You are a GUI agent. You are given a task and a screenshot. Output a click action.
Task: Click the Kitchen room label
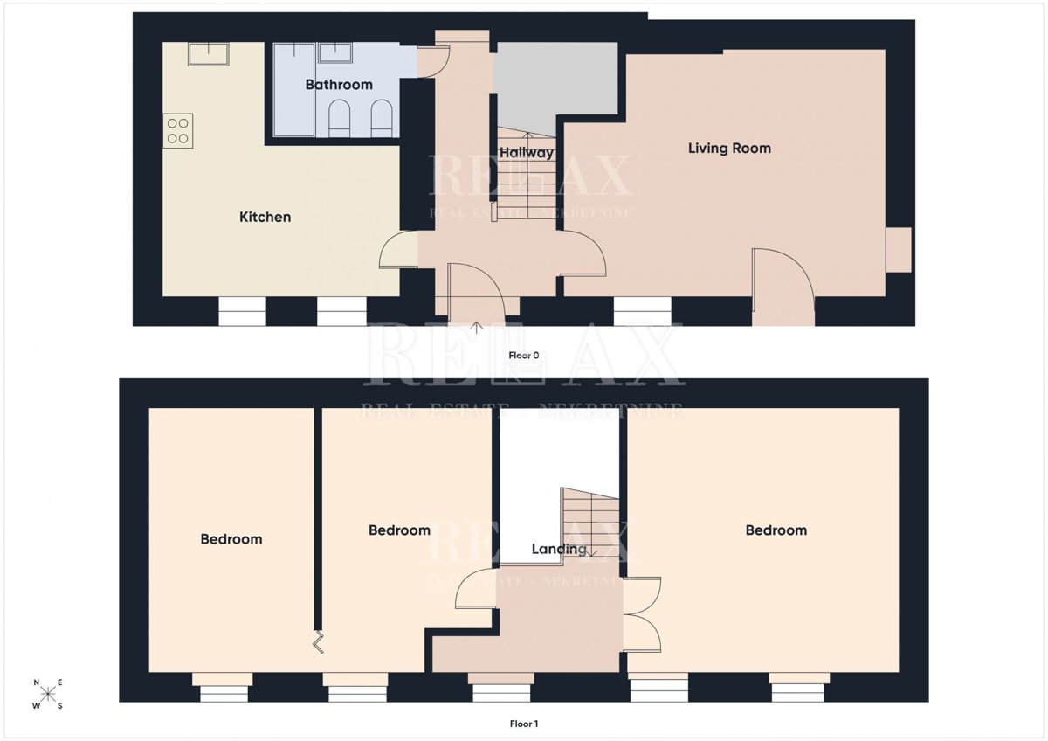[x=265, y=217]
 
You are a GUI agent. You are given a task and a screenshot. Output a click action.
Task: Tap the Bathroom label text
[x=339, y=85]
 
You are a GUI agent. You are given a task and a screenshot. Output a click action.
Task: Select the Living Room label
[x=729, y=149]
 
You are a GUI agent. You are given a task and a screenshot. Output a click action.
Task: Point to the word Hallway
[x=527, y=153]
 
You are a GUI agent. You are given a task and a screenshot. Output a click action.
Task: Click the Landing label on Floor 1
[x=559, y=550]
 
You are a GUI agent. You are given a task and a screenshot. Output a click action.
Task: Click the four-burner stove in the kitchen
[x=178, y=131]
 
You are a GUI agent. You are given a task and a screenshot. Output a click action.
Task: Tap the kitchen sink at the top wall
[x=209, y=53]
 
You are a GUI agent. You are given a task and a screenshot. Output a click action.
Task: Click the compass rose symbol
[x=48, y=694]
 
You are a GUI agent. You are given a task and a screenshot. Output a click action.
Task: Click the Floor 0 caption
[x=524, y=356]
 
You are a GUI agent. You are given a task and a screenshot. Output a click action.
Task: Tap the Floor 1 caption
[x=524, y=724]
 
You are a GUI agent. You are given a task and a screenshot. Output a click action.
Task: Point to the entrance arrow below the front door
[x=477, y=329]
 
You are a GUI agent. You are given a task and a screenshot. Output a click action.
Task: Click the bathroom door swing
[x=433, y=61]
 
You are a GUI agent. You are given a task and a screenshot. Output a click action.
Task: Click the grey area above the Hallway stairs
[x=555, y=83]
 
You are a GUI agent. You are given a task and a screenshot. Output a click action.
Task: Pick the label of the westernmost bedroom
[x=231, y=539]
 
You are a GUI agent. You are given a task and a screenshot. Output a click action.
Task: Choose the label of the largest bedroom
[x=776, y=530]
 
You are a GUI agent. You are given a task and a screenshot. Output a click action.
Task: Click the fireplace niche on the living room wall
[x=899, y=249]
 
